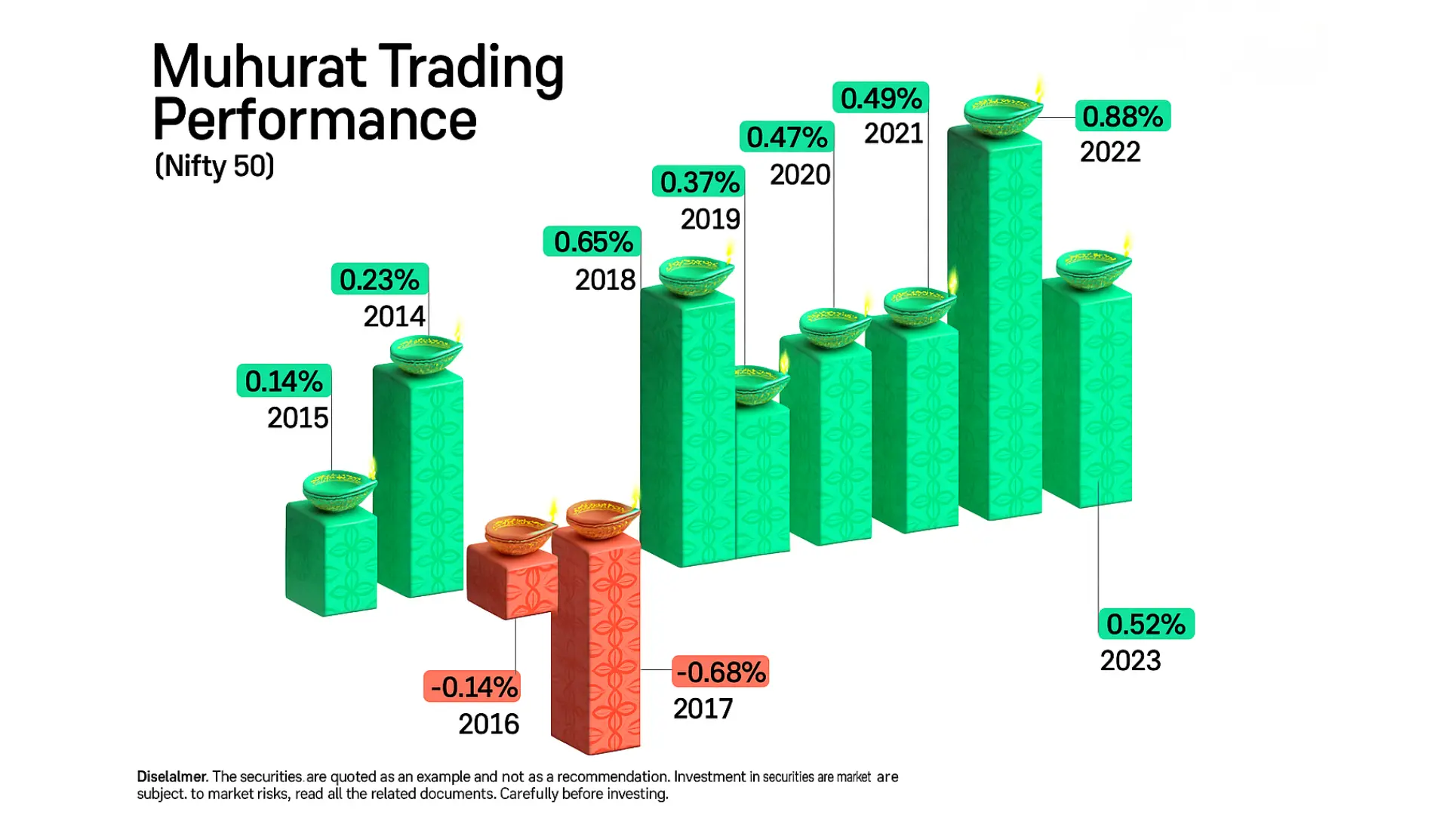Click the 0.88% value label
coord(1122,116)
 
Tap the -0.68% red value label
coord(720,672)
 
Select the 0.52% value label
coord(1146,624)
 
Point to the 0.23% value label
coord(380,279)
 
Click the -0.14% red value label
coord(472,687)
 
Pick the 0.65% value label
coord(592,241)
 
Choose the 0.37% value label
coord(699,182)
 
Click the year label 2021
coord(894,134)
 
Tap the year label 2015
coord(298,417)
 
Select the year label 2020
coord(800,174)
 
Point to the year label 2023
coord(1130,660)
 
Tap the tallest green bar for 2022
coord(996,324)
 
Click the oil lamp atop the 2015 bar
coord(339,489)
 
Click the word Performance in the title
coord(315,119)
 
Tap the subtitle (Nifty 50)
coord(214,165)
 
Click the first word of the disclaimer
coord(171,777)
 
